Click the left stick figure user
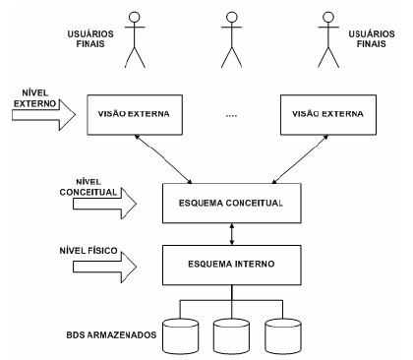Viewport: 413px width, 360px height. click(134, 39)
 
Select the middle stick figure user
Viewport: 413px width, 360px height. click(232, 39)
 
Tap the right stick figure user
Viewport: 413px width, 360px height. click(329, 39)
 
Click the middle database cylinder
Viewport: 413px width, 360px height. click(232, 334)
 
